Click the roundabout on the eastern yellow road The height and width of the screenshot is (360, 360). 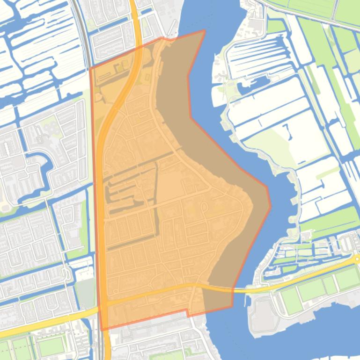coord(357,259)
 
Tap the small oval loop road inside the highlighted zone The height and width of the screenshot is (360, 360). coord(204,206)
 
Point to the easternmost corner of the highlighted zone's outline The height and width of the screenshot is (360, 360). coord(271,205)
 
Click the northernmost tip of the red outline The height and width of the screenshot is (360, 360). coord(205,30)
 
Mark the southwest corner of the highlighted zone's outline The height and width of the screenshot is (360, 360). coord(102,330)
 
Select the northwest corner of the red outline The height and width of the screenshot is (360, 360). coord(90,69)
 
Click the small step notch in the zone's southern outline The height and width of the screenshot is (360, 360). coord(188,312)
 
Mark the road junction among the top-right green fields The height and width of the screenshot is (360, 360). coord(334,24)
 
